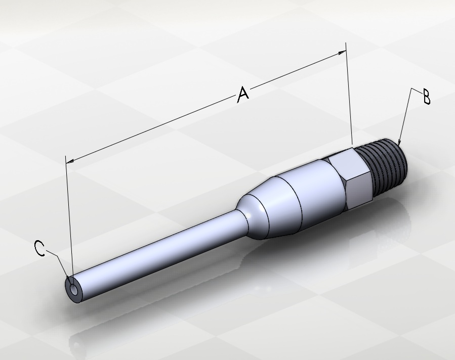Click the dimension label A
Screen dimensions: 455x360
pos(243,94)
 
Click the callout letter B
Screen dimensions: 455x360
pos(426,97)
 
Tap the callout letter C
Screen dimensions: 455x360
pos(39,248)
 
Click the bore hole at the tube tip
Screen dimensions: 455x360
pos(74,290)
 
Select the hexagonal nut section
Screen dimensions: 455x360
pos(348,178)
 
